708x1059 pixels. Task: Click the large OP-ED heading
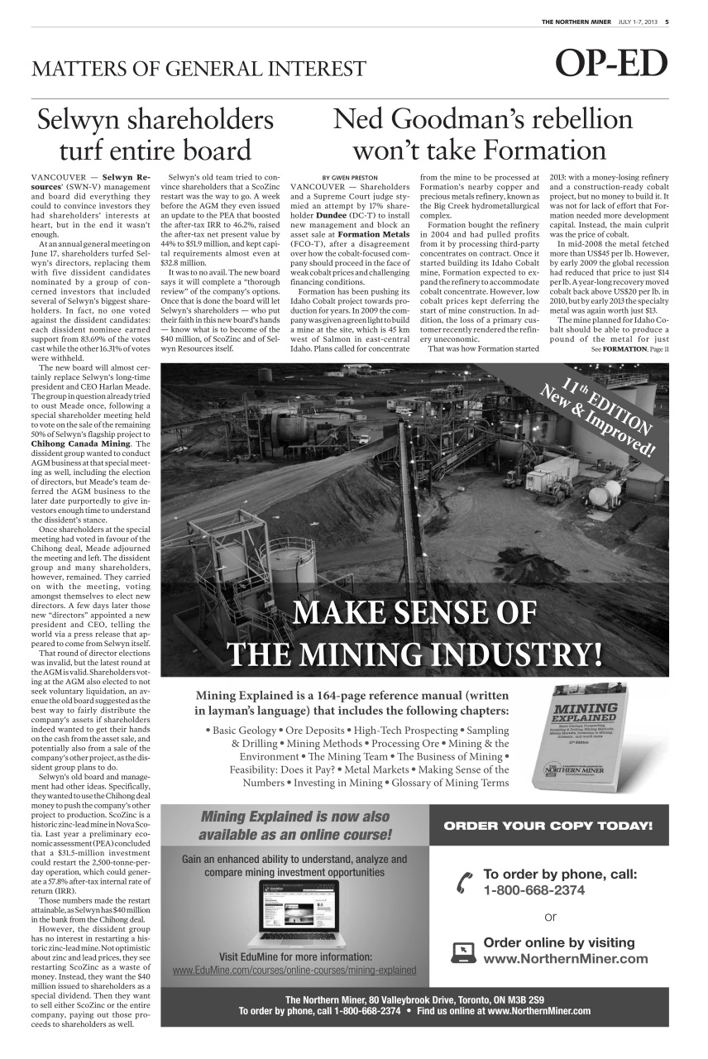point(611,65)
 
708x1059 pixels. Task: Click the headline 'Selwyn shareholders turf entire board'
point(155,136)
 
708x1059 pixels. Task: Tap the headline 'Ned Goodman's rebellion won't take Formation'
point(482,136)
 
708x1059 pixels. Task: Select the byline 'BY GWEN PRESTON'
point(349,177)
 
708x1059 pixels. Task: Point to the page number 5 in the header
point(667,22)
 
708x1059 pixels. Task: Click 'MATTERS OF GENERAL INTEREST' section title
point(199,68)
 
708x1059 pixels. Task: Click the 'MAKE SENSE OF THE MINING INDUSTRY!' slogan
point(414,634)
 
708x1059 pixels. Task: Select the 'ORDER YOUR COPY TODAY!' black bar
point(548,826)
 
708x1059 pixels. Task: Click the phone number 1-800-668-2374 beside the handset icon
point(533,890)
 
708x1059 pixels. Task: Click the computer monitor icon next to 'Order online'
point(463,952)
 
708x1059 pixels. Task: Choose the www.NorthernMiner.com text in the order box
point(565,959)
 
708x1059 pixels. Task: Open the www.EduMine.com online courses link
point(294,970)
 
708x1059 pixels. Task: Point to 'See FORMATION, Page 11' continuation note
point(629,349)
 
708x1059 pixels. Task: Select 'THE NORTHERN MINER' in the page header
point(576,22)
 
